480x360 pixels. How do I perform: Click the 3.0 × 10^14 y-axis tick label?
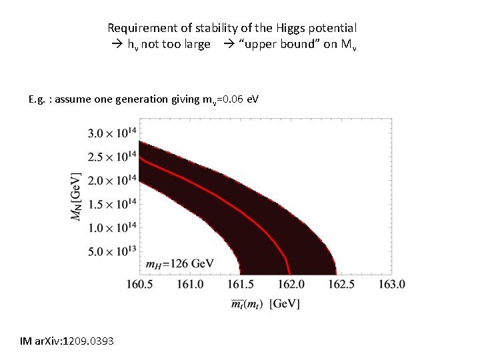(111, 133)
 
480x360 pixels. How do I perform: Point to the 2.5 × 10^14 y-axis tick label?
(111, 157)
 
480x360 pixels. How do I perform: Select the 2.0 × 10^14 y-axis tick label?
(111, 180)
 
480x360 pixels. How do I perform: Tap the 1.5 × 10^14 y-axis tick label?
(111, 203)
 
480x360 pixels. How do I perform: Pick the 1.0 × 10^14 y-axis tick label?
(111, 227)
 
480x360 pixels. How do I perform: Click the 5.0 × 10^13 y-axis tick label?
(111, 251)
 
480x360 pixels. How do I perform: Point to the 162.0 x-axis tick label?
(290, 285)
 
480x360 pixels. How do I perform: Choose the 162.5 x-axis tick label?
(341, 285)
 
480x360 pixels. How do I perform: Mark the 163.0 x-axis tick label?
(391, 285)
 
